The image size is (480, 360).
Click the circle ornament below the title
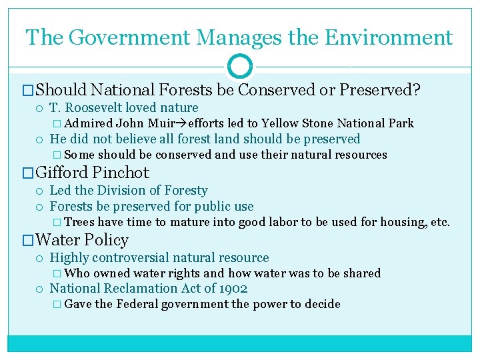point(240,67)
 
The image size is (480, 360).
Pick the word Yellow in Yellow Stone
point(283,123)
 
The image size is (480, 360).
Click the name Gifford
point(63,173)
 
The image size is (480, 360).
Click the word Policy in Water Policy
point(107,240)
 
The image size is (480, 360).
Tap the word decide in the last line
point(322,305)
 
